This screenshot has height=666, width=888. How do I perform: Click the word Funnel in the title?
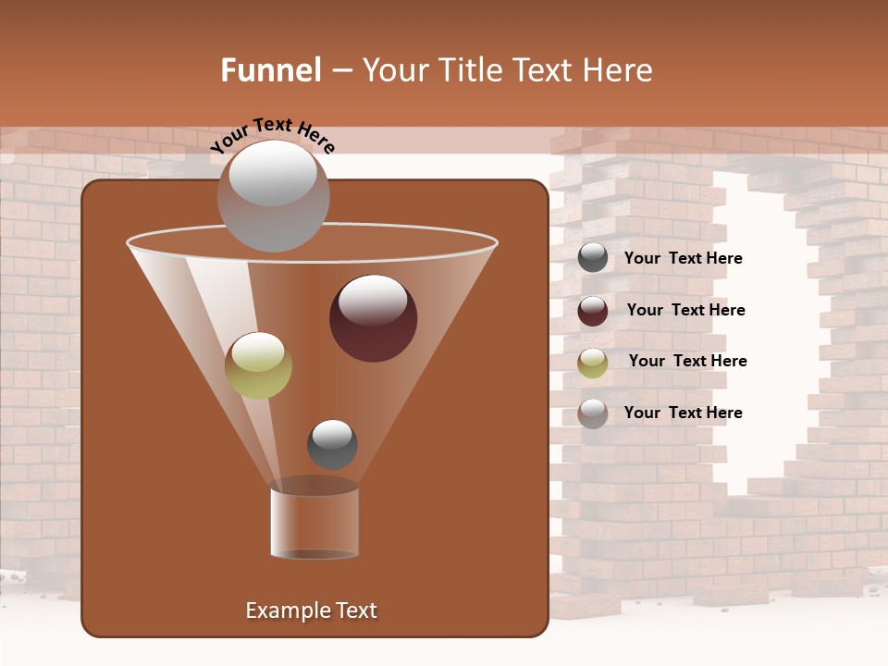pos(271,70)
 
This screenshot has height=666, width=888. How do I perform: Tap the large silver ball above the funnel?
pos(273,196)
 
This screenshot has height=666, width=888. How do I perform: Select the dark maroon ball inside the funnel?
pos(374,319)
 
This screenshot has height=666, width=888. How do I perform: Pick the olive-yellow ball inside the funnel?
pos(258,365)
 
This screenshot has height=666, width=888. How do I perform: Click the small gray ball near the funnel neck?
pos(332,444)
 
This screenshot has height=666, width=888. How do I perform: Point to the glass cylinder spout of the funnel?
pos(314,523)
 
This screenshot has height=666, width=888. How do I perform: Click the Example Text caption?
pos(312,610)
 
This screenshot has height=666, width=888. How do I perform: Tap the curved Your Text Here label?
pos(273,136)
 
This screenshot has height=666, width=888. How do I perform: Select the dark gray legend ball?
pos(593,258)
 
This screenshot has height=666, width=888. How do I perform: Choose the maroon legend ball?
pos(593,311)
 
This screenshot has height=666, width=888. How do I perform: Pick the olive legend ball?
pos(593,362)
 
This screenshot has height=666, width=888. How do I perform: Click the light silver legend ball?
pos(593,413)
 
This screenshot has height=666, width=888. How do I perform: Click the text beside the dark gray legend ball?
pos(683,258)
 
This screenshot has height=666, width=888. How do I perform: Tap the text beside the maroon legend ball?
pos(685,310)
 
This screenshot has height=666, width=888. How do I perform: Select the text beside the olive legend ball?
pos(687,361)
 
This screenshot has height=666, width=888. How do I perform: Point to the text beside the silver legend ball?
pos(683,413)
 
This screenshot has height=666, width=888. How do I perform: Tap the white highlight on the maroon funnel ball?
pos(373,300)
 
